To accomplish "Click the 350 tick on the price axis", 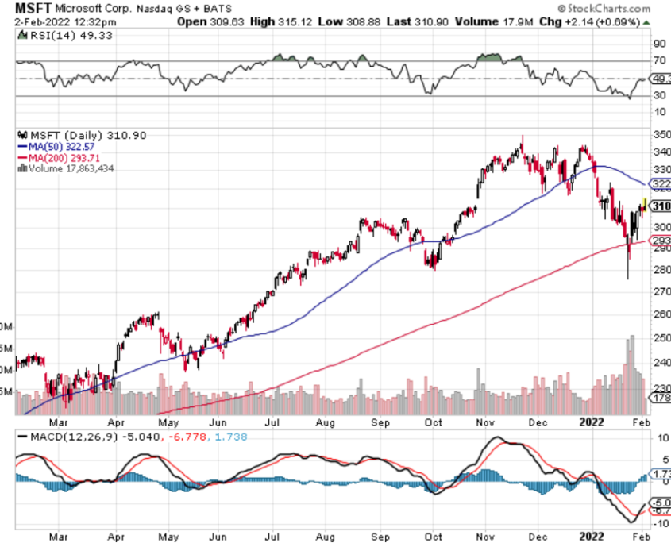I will click(659, 134).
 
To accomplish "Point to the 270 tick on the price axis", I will click(659, 291).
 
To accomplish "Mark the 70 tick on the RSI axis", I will click(658, 60).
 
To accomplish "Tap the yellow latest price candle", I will click(644, 204).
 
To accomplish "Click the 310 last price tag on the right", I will click(660, 206).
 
